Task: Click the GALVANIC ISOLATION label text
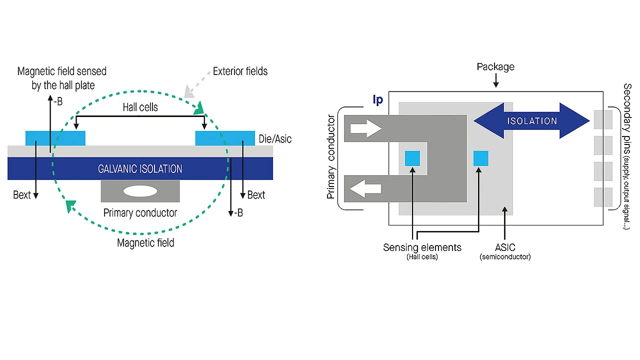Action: pyautogui.click(x=140, y=169)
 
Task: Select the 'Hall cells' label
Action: pyautogui.click(x=140, y=107)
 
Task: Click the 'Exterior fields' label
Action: pyautogui.click(x=240, y=71)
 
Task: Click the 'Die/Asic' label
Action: pyautogui.click(x=275, y=139)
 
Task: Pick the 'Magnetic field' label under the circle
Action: pyautogui.click(x=145, y=243)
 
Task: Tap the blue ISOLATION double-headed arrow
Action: pyautogui.click(x=531, y=120)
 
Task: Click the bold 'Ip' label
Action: pyautogui.click(x=378, y=100)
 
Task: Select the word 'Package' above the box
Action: pyautogui.click(x=495, y=67)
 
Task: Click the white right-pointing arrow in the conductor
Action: pyautogui.click(x=365, y=128)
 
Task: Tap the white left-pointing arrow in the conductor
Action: pyautogui.click(x=365, y=189)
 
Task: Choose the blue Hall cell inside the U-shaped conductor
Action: pyautogui.click(x=412, y=158)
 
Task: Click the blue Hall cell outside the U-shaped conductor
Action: pyautogui.click(x=480, y=158)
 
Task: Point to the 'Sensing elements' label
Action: pyautogui.click(x=422, y=247)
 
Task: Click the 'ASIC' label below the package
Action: pyautogui.click(x=505, y=247)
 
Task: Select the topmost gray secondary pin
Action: pyautogui.click(x=603, y=119)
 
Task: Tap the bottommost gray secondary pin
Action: pyautogui.click(x=603, y=197)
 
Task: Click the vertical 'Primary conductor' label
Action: pyautogui.click(x=331, y=157)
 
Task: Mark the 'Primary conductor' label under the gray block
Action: pyautogui.click(x=140, y=213)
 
